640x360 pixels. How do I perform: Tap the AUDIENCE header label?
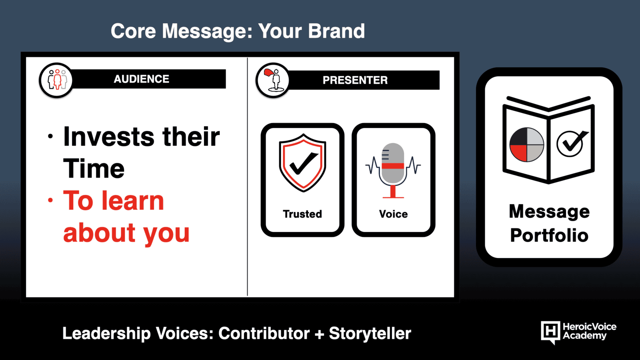coord(142,79)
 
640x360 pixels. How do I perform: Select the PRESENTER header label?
coord(355,80)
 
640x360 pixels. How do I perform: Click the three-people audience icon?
coord(57,80)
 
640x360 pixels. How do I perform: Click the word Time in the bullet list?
coord(94,168)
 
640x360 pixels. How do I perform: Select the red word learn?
coord(132,200)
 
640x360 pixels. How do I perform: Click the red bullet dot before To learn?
coord(50,200)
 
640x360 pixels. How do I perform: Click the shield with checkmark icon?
coord(302,163)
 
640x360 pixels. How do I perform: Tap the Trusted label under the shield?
coord(302,214)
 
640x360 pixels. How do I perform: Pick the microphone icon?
coord(393,170)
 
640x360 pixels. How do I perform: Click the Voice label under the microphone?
coord(394,214)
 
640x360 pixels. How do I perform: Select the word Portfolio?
coord(549,235)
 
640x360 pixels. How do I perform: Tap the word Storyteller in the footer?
coord(370,334)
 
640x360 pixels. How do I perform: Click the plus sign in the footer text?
coord(319,334)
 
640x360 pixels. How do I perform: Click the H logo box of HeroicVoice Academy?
coord(550,332)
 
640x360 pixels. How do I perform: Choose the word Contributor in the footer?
coord(264,333)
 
